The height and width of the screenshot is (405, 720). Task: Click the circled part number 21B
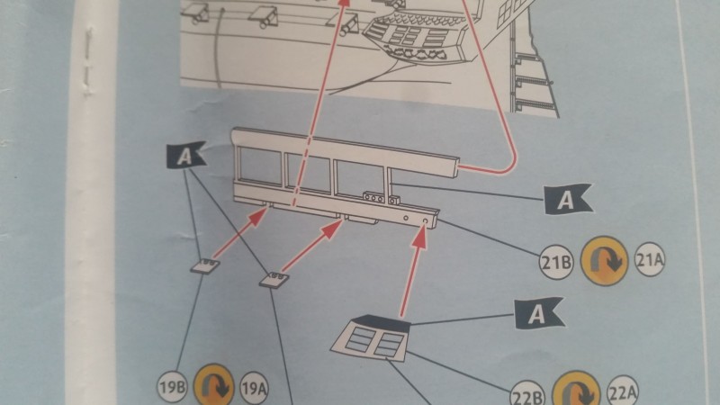[556, 262]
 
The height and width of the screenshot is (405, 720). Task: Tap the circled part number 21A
[650, 260]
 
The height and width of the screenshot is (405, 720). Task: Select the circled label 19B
[173, 387]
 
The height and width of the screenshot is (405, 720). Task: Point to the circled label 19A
[254, 389]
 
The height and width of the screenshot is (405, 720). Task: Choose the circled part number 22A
[623, 392]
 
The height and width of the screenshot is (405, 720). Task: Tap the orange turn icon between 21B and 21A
[604, 261]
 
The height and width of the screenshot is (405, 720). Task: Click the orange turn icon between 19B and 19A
[214, 385]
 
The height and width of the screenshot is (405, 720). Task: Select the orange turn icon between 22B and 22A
[576, 390]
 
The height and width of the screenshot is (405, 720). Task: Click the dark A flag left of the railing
[184, 155]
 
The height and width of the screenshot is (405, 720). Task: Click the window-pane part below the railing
[371, 337]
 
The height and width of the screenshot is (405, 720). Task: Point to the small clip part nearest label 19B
[206, 265]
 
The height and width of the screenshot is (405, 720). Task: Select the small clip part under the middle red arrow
[274, 280]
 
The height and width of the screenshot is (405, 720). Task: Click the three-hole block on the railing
[373, 198]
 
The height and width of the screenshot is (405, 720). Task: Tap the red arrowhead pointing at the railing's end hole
[420, 236]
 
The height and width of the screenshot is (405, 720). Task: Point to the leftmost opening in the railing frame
[260, 166]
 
